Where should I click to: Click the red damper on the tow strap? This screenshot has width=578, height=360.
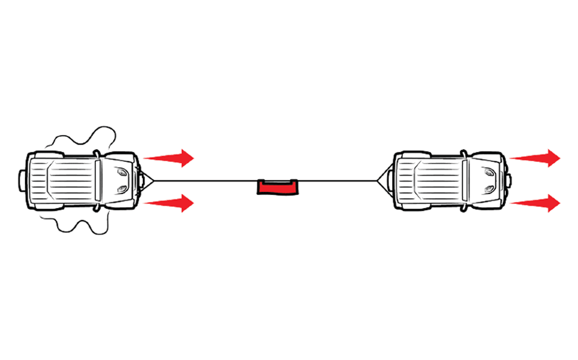(x=278, y=187)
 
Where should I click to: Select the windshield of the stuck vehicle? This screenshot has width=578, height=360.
(x=98, y=180)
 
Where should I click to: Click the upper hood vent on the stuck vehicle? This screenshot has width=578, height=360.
(x=122, y=172)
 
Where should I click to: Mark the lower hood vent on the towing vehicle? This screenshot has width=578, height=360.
(x=489, y=190)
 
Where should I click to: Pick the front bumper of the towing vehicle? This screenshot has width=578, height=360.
(x=508, y=180)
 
